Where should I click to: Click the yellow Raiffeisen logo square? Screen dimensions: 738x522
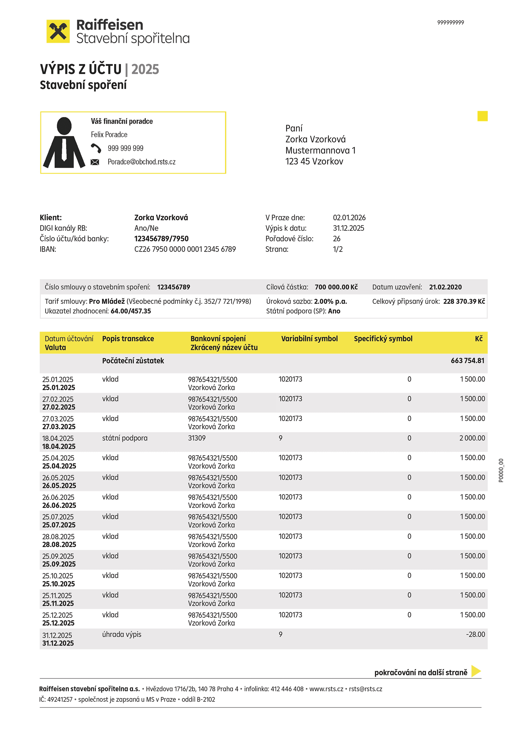[58, 31]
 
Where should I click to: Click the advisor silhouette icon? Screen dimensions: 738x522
[64, 143]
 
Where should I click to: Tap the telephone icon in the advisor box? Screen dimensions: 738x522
[96, 148]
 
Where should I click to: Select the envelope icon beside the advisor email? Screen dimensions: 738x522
[95, 162]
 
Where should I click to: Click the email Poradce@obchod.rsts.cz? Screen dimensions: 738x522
[141, 162]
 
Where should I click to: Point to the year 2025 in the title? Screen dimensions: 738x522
[145, 69]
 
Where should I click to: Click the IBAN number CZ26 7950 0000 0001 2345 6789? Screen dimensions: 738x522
[185, 249]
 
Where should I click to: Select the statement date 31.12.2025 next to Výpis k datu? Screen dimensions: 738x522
[348, 228]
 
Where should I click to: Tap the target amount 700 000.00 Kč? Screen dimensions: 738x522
[336, 287]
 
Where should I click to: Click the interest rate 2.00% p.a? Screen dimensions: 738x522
[330, 301]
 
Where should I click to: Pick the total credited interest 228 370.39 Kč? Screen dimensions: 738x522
[464, 301]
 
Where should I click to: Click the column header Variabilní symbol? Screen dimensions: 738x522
[309, 339]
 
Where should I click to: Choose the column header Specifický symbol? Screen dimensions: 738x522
[383, 339]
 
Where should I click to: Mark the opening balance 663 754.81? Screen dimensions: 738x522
[467, 361]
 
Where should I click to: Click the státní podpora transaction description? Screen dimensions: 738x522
[125, 438]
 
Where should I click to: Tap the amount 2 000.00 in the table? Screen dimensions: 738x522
[472, 438]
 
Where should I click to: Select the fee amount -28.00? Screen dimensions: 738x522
[475, 634]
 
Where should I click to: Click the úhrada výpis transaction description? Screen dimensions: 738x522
[122, 634]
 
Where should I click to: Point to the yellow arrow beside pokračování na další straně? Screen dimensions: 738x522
[476, 671]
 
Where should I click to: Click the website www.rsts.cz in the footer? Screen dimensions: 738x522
[326, 689]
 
